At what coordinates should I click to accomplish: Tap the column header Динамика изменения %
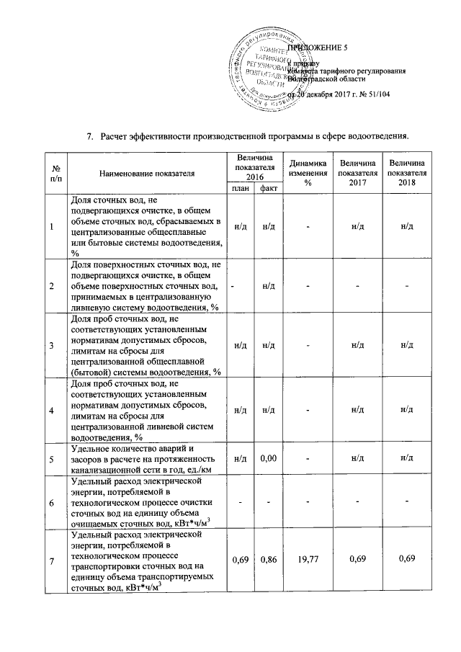coord(308,174)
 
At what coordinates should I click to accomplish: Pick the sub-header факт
coord(269,188)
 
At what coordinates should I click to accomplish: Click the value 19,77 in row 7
coord(308,560)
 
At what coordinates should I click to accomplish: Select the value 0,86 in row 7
coord(269,560)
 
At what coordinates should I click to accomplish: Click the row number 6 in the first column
coord(52,501)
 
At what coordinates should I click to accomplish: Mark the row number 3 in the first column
coord(52,345)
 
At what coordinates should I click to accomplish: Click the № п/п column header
coord(52,174)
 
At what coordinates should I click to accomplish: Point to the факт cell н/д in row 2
coord(269,287)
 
